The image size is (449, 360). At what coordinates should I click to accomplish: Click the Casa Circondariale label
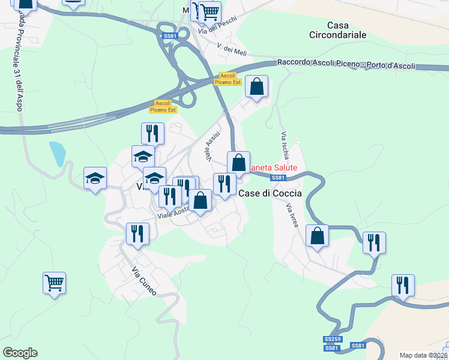coord(346,30)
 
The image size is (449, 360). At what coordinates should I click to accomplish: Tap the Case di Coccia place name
coord(270,193)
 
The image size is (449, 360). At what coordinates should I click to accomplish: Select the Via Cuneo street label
coord(144,281)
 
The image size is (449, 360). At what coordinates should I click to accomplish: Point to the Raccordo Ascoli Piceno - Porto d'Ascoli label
coord(346,64)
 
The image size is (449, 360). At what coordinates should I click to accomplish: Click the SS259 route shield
coord(332,339)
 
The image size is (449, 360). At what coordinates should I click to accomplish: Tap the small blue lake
coord(57,154)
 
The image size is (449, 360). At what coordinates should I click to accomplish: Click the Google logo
coord(20,353)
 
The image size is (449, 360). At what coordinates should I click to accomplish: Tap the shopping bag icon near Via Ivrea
coord(317,235)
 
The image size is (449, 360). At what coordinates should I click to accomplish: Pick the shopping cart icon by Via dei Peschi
coord(209,11)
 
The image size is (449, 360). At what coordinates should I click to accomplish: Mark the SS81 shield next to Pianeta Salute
coord(277,178)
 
